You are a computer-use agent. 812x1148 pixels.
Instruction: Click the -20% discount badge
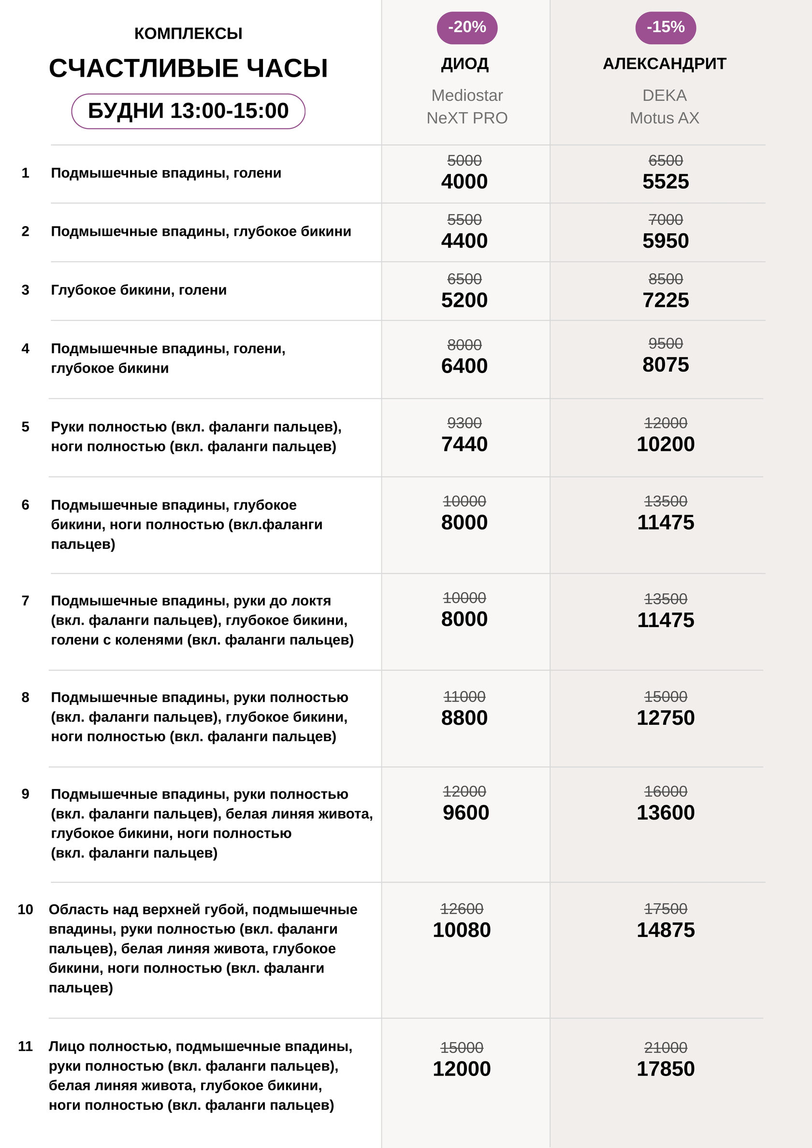click(x=467, y=28)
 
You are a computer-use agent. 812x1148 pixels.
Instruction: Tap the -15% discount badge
click(x=665, y=28)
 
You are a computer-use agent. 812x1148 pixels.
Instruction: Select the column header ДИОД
click(x=465, y=64)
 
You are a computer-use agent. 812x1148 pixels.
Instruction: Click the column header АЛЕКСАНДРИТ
click(x=665, y=64)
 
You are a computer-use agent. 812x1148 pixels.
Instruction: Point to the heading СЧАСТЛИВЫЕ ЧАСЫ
click(x=188, y=69)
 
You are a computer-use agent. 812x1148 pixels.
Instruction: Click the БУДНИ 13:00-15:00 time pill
click(x=188, y=111)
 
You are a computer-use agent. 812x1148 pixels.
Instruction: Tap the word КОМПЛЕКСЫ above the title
click(x=188, y=33)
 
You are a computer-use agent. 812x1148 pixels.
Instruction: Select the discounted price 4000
click(x=464, y=182)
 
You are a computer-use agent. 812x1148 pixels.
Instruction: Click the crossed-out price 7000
click(x=666, y=219)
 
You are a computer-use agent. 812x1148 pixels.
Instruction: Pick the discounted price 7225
click(x=666, y=300)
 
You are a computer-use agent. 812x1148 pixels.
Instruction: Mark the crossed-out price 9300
click(x=464, y=423)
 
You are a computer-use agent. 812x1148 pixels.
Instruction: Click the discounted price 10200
click(x=666, y=444)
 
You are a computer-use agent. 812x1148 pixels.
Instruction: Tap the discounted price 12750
click(x=666, y=718)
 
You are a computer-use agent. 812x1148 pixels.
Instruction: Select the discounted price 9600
click(x=465, y=813)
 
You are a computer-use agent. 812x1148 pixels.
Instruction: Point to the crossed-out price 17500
click(x=666, y=908)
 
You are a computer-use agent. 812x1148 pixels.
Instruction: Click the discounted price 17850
click(x=666, y=1068)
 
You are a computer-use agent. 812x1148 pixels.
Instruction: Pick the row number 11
click(x=26, y=1046)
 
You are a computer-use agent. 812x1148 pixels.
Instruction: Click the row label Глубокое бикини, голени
click(x=139, y=290)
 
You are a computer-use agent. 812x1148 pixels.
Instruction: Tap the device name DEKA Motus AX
click(x=665, y=106)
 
